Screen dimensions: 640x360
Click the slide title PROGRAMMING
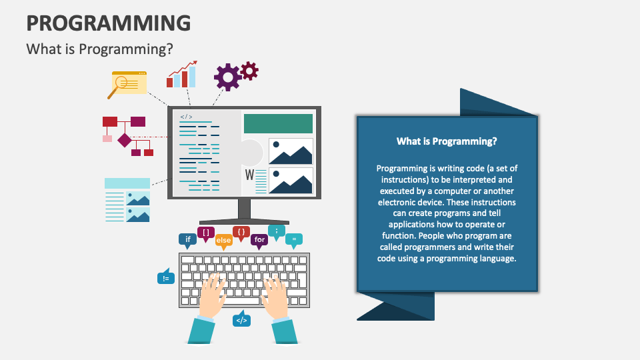[109, 23]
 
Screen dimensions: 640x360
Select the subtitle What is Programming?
[99, 49]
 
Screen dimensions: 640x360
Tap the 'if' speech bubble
[188, 240]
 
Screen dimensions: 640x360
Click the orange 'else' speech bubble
[224, 241]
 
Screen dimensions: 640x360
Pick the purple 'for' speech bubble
[259, 241]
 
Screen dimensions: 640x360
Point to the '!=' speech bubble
[166, 277]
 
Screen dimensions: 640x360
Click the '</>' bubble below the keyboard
[241, 319]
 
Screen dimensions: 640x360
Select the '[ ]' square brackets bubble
[206, 233]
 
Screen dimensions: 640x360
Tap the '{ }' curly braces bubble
[241, 233]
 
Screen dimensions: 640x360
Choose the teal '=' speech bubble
[294, 240]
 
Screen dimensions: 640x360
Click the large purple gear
[227, 77]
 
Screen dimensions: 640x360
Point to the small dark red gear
[249, 71]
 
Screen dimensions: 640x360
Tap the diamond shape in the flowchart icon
[125, 140]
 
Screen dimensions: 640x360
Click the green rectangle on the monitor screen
[278, 124]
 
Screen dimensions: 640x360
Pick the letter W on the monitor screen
[249, 175]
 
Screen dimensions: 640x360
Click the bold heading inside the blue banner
[447, 141]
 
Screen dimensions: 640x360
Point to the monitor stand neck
[244, 209]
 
